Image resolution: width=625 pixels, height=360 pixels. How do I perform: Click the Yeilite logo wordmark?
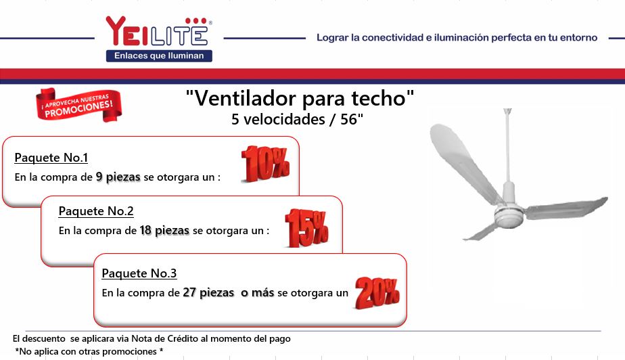(x=158, y=31)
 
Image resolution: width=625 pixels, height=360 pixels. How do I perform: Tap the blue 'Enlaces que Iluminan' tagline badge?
(x=159, y=55)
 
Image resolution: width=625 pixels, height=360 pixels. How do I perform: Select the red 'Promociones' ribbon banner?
(x=78, y=104)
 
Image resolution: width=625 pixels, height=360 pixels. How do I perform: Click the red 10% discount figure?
(x=265, y=164)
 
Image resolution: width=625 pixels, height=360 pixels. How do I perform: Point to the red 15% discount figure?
(x=307, y=228)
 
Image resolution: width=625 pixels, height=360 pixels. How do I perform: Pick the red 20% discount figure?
(x=377, y=293)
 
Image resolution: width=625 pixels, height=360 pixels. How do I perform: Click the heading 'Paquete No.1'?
(x=51, y=158)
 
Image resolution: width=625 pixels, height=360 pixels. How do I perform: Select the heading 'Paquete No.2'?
(x=96, y=211)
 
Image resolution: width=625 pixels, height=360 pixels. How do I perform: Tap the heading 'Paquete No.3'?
(x=139, y=273)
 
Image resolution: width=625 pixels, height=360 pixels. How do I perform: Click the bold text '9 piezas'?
(x=118, y=177)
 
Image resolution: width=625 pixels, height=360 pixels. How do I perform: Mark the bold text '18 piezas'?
(x=164, y=231)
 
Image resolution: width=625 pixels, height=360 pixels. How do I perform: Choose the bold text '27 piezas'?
(x=208, y=292)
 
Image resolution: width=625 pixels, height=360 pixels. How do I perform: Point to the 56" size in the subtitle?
(x=352, y=119)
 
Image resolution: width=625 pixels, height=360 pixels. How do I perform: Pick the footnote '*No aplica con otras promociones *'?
(x=89, y=352)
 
